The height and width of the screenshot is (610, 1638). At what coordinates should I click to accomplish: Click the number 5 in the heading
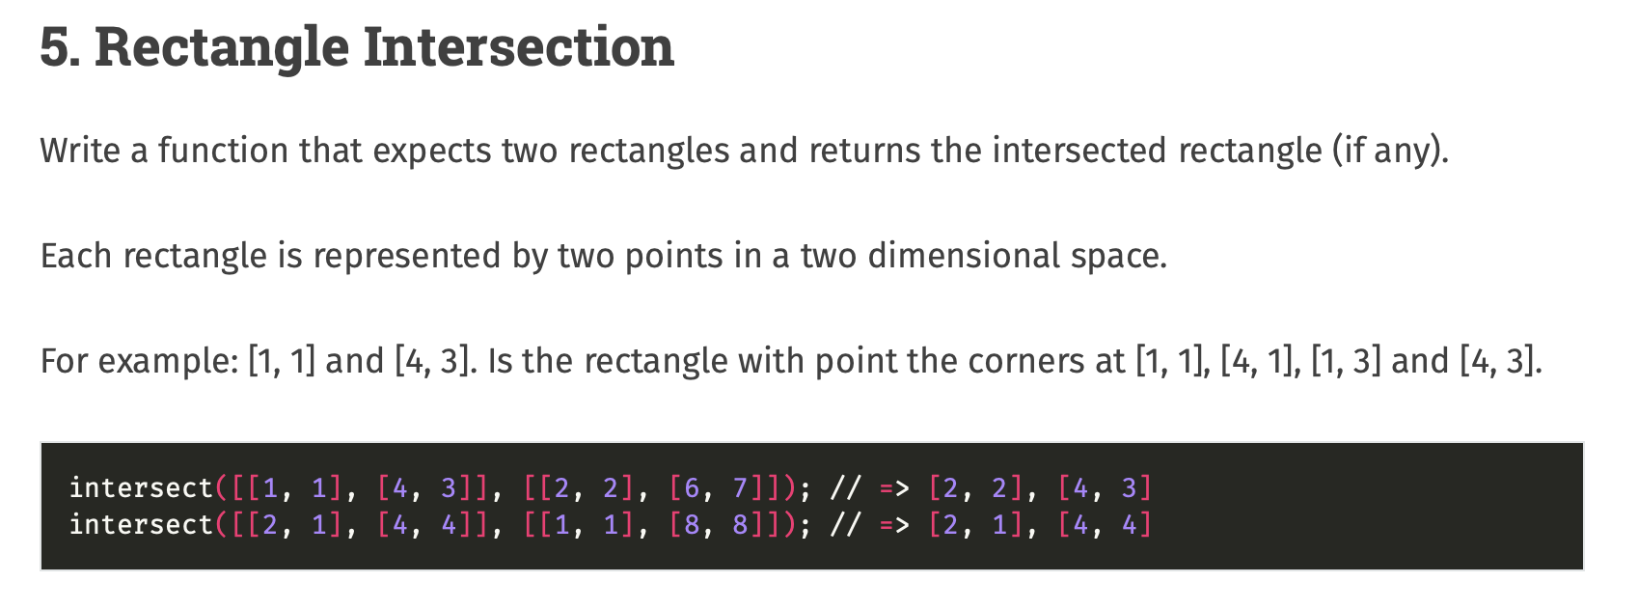pos(55,47)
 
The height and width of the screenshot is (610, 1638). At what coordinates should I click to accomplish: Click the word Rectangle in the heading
pos(221,47)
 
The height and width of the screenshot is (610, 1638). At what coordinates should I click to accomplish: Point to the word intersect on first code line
pos(141,488)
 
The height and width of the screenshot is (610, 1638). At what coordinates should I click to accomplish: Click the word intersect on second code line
pos(141,525)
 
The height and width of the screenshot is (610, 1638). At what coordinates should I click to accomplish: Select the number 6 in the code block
pos(692,488)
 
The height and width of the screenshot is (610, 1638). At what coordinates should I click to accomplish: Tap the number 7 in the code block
pos(740,488)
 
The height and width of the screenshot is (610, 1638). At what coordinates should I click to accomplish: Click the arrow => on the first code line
pos(894,488)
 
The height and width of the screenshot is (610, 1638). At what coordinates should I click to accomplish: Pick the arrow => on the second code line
pos(894,525)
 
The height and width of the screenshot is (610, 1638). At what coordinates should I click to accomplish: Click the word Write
pos(79,151)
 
